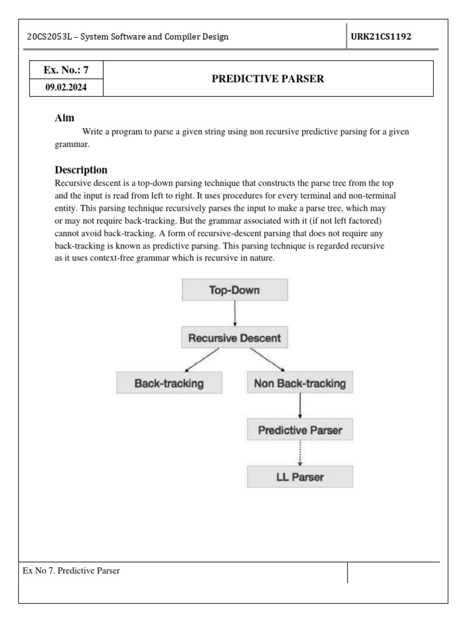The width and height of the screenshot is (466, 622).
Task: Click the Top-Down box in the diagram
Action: [x=235, y=290]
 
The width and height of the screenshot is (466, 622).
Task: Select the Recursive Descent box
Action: [x=235, y=337]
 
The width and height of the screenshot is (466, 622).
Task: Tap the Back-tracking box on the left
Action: [x=169, y=383]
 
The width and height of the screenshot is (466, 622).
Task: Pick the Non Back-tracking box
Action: [x=300, y=383]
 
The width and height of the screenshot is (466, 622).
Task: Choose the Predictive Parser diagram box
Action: [x=300, y=430]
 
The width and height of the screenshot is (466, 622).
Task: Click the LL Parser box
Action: [x=300, y=477]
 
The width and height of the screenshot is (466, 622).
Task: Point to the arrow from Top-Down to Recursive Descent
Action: [x=235, y=313]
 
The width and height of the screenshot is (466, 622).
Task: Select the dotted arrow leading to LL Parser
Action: [x=300, y=453]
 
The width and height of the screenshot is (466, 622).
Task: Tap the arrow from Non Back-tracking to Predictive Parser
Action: [x=300, y=406]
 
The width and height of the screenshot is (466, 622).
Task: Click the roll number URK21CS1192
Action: [x=381, y=36]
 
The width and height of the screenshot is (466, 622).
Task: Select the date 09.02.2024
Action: [x=66, y=87]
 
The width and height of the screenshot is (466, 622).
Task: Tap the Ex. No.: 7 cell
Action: [x=66, y=70]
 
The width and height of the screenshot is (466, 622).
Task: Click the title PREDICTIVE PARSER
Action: [x=268, y=79]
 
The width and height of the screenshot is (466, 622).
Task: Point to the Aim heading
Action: [x=65, y=118]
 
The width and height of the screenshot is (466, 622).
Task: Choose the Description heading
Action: [x=81, y=169]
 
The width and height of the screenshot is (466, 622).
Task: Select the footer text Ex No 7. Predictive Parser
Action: [x=72, y=571]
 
